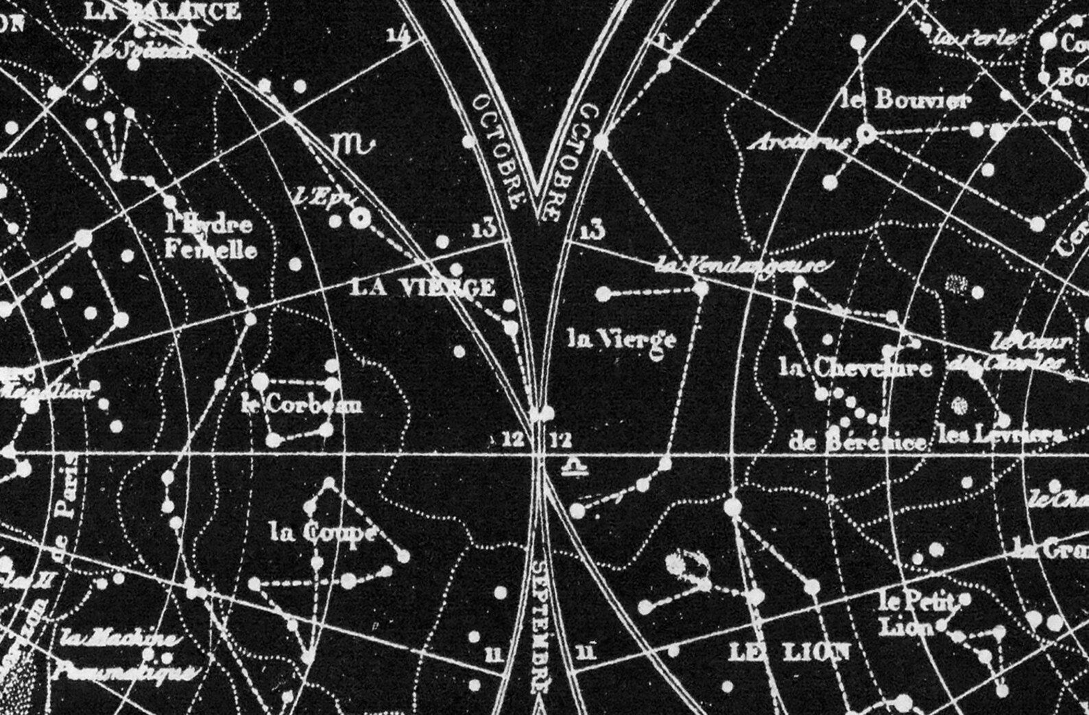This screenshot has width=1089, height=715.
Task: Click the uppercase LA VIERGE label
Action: pos(422,287)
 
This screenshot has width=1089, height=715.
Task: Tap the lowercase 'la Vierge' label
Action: pos(622,339)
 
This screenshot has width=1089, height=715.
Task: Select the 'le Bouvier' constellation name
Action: pos(906,100)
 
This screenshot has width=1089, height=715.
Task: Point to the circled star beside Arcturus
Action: pos(867,134)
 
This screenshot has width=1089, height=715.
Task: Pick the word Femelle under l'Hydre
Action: pos(211,249)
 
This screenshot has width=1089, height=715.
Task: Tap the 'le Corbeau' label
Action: pos(302,404)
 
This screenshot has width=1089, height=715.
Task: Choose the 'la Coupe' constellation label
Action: pos(323,532)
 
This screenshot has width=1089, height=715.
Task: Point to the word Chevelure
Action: pos(873,368)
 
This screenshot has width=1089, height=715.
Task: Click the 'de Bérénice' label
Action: pos(857,442)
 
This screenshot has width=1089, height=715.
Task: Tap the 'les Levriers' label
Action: pos(1000,435)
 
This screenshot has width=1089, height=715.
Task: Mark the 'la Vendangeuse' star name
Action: pos(741,266)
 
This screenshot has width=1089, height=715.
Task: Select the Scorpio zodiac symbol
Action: pos(354,144)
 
